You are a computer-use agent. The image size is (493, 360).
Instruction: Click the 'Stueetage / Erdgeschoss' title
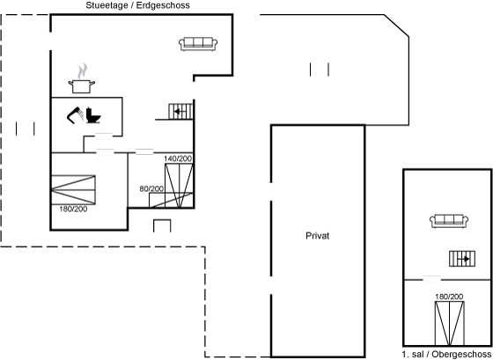137,5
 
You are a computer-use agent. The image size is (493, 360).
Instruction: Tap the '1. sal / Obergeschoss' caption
446,354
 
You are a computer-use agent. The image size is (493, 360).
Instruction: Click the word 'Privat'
317,236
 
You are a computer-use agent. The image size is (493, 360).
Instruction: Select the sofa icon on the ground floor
198,44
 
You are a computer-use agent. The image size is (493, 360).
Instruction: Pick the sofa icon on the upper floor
449,221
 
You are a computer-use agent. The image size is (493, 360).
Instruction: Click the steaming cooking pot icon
82,78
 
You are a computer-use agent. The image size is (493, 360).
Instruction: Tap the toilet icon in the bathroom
92,115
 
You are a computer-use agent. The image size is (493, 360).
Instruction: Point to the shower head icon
75,115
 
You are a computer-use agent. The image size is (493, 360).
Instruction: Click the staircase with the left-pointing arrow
180,111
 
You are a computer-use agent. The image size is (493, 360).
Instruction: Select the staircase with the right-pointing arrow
462,259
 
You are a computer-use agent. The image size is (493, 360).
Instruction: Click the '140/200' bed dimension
178,158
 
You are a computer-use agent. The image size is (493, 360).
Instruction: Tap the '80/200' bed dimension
151,188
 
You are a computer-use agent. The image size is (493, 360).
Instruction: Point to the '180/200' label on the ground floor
73,209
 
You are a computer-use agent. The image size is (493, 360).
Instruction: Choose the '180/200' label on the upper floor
449,297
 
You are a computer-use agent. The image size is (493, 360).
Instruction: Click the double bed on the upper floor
450,323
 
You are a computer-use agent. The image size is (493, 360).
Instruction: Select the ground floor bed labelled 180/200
73,190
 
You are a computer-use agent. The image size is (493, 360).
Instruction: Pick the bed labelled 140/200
179,186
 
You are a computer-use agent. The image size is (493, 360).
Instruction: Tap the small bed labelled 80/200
171,201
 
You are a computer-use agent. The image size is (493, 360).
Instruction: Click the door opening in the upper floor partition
432,279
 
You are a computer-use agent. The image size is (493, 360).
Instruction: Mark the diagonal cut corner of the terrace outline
396,26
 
